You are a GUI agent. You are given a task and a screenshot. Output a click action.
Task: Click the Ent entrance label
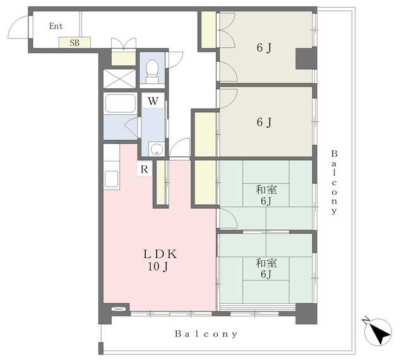[x=56, y=26]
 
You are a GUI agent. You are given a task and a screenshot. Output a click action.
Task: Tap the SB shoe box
[x=74, y=42]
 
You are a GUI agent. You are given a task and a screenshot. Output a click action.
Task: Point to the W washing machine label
[x=153, y=101]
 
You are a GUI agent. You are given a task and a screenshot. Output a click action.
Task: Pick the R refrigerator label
[x=145, y=170]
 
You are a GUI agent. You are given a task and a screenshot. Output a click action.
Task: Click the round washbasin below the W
[x=157, y=149]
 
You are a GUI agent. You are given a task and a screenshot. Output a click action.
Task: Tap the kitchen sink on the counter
[x=112, y=178]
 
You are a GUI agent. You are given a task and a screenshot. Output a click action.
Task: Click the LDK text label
[x=160, y=254]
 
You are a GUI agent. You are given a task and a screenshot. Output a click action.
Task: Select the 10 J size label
[x=158, y=267]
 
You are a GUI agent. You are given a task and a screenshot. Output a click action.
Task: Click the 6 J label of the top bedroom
[x=264, y=48]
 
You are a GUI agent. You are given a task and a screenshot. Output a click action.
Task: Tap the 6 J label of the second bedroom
[x=264, y=122]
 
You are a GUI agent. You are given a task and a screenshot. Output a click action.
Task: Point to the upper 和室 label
[x=266, y=190]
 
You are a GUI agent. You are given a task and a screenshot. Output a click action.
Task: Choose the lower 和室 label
[x=266, y=263]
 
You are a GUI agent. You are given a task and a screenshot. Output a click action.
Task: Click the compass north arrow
[x=379, y=334]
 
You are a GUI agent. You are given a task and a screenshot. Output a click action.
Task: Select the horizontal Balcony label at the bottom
[x=206, y=334]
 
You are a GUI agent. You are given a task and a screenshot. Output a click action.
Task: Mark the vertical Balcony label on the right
[x=334, y=182]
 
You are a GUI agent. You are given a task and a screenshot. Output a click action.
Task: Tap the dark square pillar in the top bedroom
[x=306, y=59]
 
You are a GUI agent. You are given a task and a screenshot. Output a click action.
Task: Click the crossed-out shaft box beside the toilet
[x=119, y=79]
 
